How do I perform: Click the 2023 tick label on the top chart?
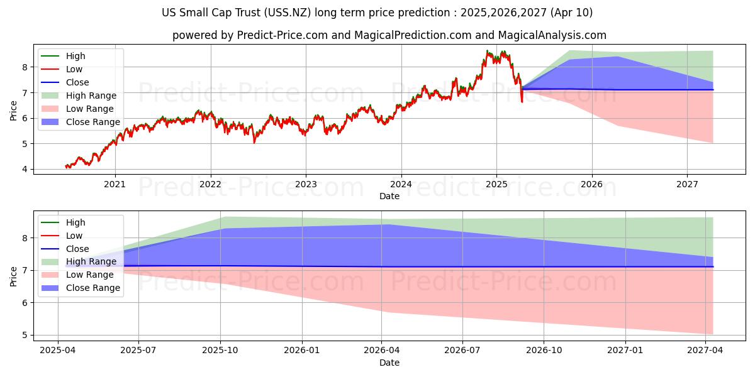(306, 184)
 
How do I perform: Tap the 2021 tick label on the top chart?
(115, 184)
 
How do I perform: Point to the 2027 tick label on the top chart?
(687, 184)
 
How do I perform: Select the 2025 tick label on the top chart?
(496, 184)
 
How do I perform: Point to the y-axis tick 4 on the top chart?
(25, 169)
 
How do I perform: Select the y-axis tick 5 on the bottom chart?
(25, 335)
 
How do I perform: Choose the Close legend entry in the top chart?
(77, 82)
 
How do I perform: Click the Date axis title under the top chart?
(389, 196)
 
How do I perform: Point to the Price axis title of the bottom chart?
(13, 275)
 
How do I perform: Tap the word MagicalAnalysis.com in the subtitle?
(554, 35)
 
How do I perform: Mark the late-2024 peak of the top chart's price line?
(487, 50)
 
